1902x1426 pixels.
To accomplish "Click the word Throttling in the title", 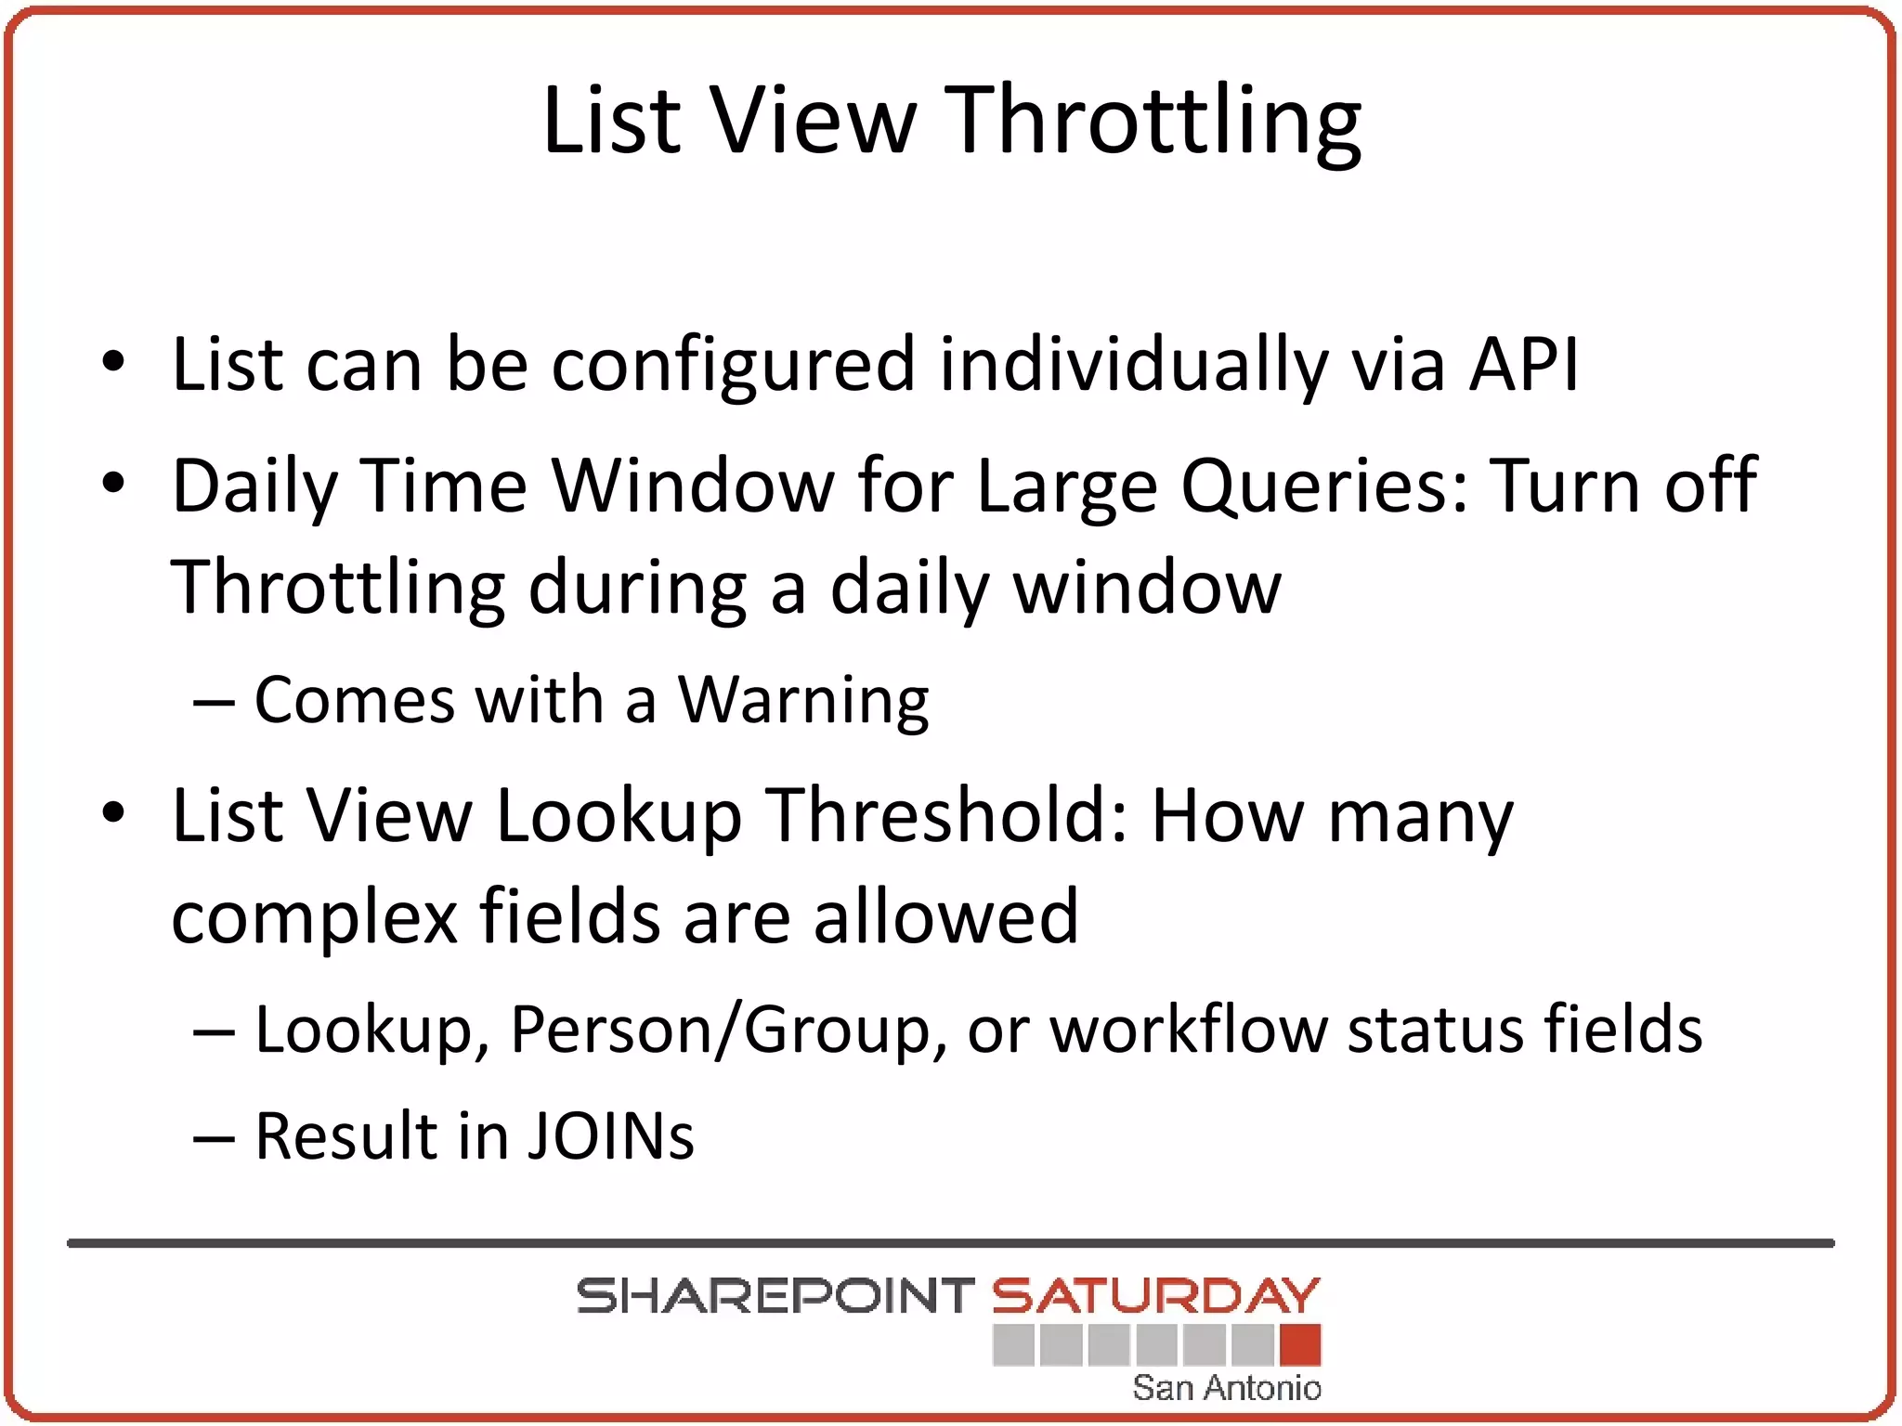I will click(1156, 123).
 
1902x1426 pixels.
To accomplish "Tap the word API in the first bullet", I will click(1523, 364).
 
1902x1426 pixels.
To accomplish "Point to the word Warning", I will click(803, 700).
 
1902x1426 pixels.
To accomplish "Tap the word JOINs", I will click(610, 1136).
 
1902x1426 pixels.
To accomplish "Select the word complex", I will click(315, 917).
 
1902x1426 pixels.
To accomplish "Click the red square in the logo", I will click(1299, 1345).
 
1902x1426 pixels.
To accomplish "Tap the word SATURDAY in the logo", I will click(1155, 1296).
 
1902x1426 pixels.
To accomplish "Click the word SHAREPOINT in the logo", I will click(775, 1296).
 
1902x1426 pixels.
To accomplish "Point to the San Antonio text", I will click(1226, 1388).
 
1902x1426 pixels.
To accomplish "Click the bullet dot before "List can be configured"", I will click(113, 362).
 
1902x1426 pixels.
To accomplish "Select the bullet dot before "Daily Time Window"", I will click(113, 484).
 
